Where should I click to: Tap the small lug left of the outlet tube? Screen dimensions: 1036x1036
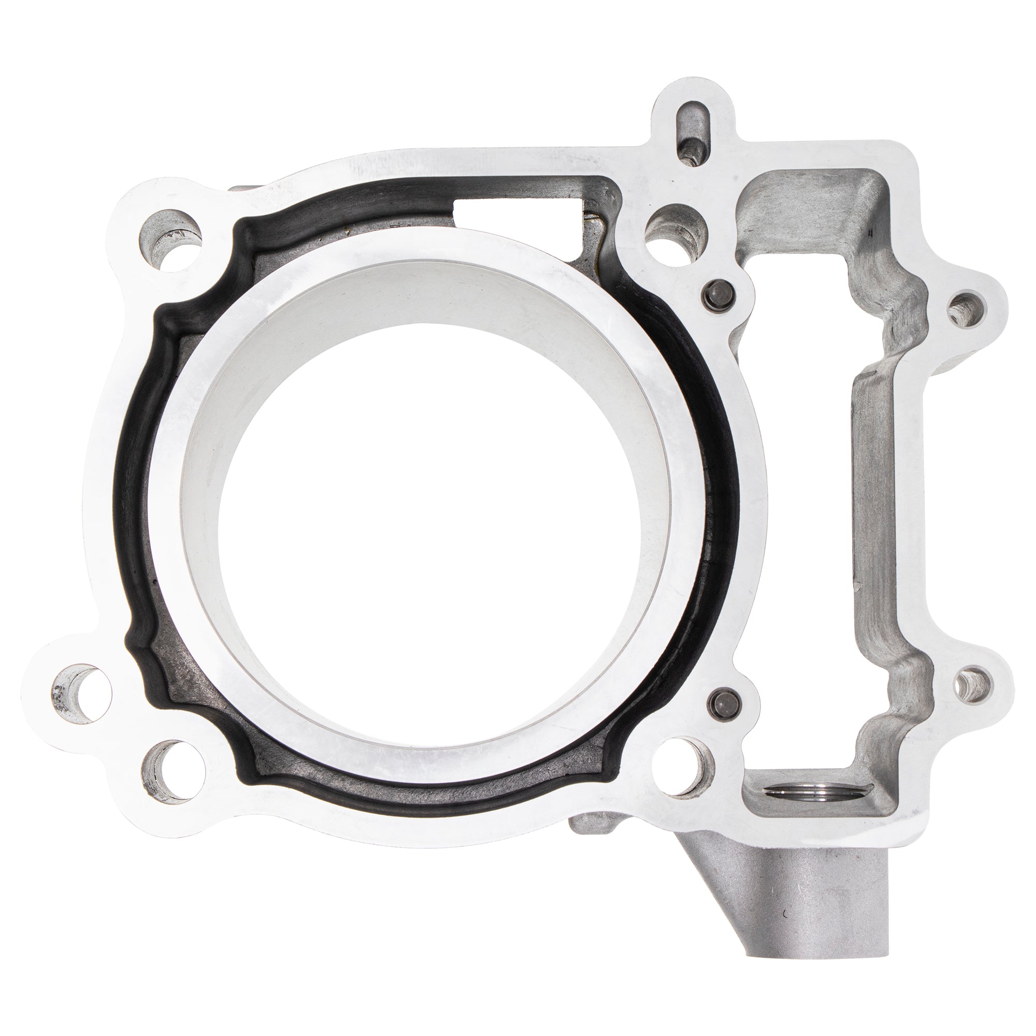pyautogui.click(x=585, y=850)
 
